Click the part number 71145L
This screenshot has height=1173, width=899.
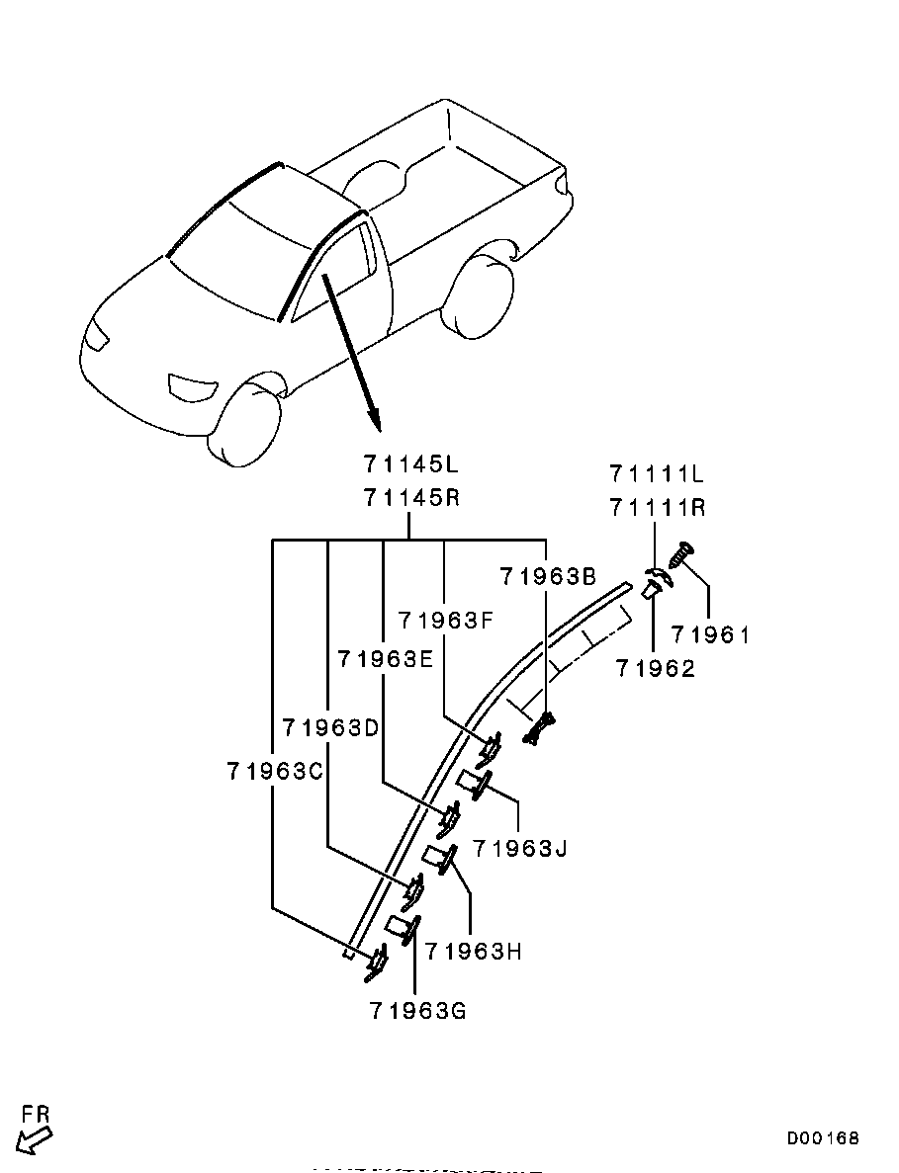[x=411, y=464]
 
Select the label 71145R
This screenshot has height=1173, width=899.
[x=411, y=497]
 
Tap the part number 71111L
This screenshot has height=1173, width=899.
[x=658, y=473]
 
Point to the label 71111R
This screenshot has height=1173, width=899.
[x=658, y=508]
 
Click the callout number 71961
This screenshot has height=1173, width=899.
[x=710, y=635]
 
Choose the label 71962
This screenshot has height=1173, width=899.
[x=656, y=668]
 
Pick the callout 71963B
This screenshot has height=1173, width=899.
[x=548, y=577]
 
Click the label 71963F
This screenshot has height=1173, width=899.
[x=448, y=621]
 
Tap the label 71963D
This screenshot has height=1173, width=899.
[x=331, y=727]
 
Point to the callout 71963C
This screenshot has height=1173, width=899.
[x=276, y=771]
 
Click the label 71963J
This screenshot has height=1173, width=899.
[x=520, y=848]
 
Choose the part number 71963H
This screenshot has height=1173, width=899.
[x=474, y=951]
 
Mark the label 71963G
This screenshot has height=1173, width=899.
[x=417, y=1011]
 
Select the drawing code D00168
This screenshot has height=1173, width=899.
[x=823, y=1138]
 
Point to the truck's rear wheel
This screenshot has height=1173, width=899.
[x=482, y=294]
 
